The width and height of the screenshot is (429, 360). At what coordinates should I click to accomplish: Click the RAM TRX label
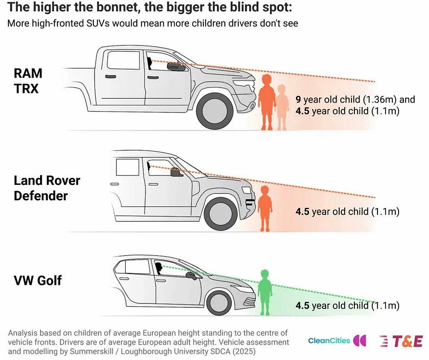28,81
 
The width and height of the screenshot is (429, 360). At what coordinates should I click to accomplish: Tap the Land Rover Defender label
47,188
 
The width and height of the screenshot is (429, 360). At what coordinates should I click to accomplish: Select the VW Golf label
38,280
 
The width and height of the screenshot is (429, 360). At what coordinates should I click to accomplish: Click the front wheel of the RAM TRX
215,111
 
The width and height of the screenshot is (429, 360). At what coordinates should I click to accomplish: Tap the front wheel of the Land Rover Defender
221,214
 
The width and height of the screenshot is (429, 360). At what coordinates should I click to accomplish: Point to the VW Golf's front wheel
219,303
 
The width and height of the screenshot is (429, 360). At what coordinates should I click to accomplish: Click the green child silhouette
265,292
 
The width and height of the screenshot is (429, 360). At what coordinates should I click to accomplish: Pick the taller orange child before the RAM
267,102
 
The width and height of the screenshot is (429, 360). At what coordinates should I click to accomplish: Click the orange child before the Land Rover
265,208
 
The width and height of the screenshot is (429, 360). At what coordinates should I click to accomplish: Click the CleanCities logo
337,340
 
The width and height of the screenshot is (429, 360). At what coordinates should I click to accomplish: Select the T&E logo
401,341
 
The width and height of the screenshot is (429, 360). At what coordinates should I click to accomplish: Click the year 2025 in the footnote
244,351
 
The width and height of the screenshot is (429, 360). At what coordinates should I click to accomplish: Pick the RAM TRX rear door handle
110,77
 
